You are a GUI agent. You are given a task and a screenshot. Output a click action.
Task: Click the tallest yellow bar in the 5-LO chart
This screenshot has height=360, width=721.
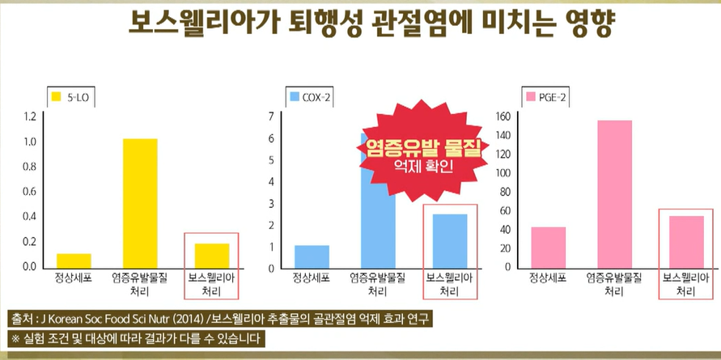[x=140, y=202]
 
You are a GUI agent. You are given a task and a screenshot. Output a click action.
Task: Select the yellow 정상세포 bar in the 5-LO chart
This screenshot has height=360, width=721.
[x=74, y=260]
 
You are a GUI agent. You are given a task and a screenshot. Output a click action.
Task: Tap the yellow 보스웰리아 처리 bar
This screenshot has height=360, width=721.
[x=211, y=255]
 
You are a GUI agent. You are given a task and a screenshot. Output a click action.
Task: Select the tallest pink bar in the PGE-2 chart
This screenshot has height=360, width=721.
[x=615, y=193]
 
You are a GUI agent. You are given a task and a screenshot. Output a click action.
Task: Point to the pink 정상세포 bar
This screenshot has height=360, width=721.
[x=549, y=247]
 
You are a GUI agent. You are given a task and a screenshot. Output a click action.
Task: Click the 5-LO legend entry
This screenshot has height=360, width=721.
[x=70, y=97]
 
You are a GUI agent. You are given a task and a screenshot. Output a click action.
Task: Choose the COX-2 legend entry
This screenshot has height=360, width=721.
[x=309, y=97]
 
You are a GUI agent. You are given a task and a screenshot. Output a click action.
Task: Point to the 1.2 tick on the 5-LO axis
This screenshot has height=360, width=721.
[x=30, y=116]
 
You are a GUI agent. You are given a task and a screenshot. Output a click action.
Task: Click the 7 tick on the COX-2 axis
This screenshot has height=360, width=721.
[x=272, y=116]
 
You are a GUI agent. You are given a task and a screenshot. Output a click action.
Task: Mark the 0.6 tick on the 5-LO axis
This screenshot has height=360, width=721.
[x=30, y=192]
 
